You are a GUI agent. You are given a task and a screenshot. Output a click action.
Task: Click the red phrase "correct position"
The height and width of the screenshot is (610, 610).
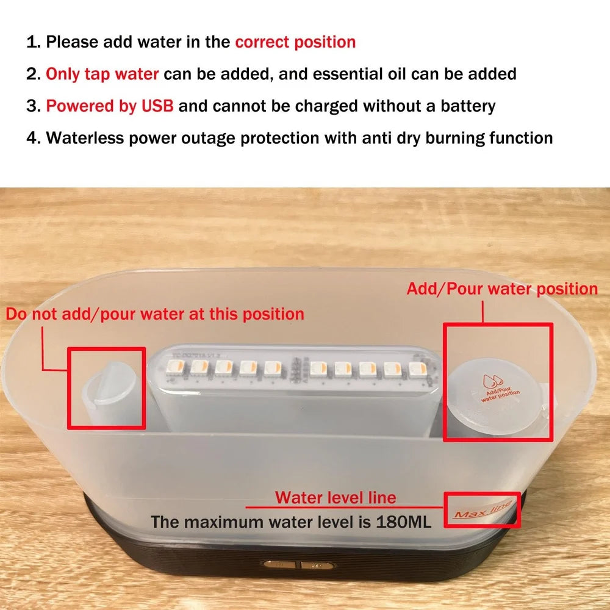[295, 42]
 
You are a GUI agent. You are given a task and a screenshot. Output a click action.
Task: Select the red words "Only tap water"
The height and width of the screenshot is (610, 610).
[102, 74]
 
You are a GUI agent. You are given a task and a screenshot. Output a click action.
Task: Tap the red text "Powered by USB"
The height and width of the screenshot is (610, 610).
[110, 106]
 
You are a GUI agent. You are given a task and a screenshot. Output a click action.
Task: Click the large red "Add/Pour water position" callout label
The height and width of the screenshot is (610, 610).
[502, 289]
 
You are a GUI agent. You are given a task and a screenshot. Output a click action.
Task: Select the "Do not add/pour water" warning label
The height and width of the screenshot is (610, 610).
[155, 314]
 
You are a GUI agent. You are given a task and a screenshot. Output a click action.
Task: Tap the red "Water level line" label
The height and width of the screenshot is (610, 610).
[335, 498]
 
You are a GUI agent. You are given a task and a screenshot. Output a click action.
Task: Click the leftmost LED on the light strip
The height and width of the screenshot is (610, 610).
[174, 367]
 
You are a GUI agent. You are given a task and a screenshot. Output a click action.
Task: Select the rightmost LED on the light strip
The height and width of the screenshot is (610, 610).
[416, 369]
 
